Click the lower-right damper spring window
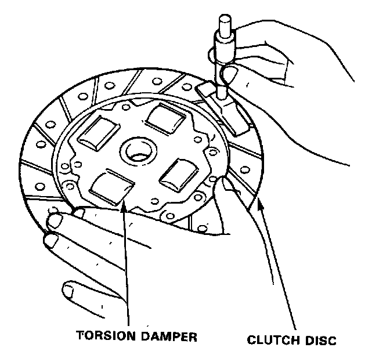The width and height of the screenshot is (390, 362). pos(181,172)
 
